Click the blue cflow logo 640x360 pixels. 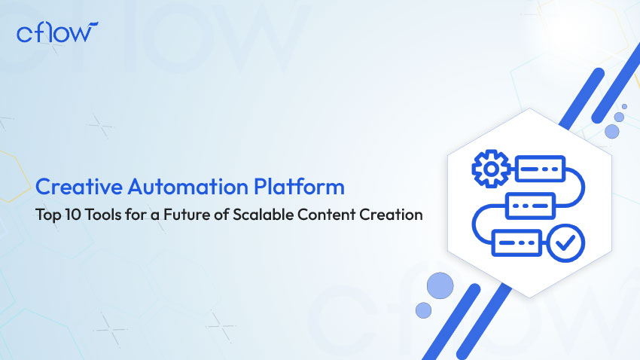pos(57,32)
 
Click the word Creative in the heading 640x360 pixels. pos(79,187)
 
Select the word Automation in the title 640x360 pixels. pos(187,187)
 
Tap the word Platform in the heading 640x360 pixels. pos(299,187)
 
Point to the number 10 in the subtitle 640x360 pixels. pos(74,215)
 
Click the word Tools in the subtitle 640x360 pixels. pos(103,215)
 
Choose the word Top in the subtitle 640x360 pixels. pos(49,215)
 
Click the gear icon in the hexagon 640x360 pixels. pos(491,169)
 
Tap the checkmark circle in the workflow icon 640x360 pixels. pos(565,243)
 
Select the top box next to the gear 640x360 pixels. pos(540,169)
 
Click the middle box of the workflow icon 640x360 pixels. pos(530,206)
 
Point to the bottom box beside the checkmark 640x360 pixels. pos(517,243)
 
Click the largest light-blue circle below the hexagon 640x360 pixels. pos(440,285)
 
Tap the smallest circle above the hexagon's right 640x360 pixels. pos(624,106)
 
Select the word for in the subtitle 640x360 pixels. pos(136,215)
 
